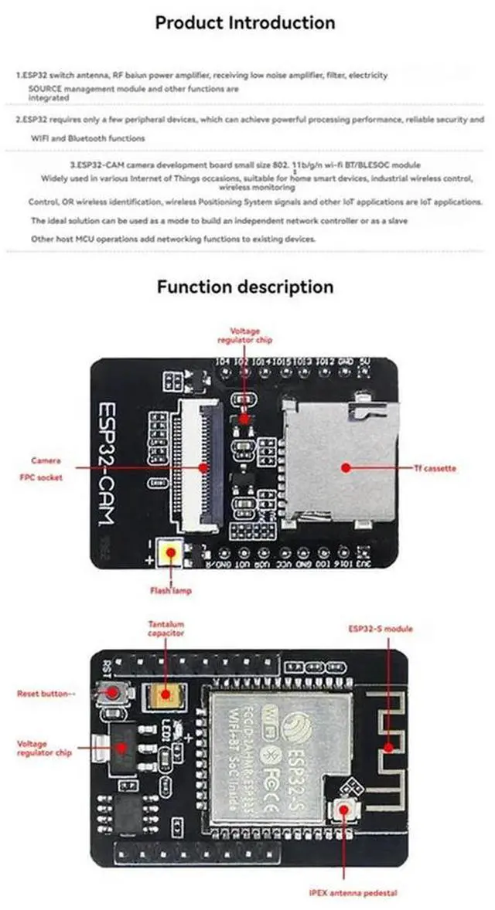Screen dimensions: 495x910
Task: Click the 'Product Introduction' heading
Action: [x=245, y=22]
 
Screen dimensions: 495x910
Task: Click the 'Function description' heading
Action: [x=245, y=287]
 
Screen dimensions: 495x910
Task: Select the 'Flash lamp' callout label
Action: [x=171, y=591]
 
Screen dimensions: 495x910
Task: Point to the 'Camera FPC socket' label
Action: [x=46, y=469]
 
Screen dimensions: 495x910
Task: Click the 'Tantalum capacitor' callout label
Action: [x=166, y=628]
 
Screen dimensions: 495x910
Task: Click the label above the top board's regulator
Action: [x=244, y=334]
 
